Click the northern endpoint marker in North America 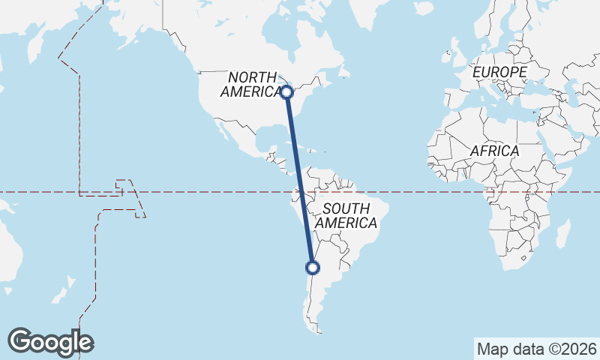286,92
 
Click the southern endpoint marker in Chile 313,267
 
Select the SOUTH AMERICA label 346,216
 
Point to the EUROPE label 499,72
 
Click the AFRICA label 494,151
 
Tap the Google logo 50,342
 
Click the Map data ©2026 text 536,349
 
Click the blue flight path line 299,180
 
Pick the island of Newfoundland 346,72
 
